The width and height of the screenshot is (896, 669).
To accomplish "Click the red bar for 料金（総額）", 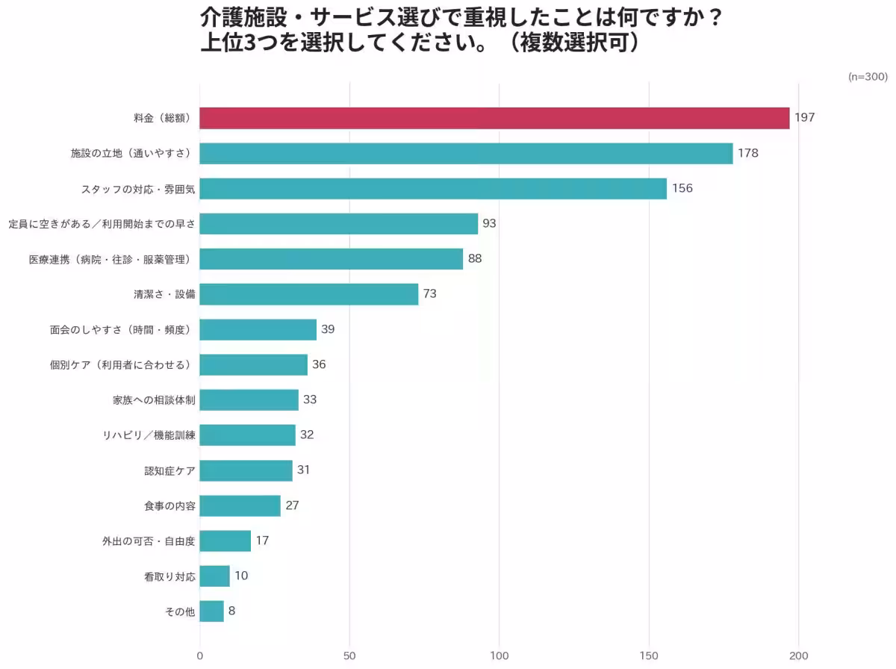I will pos(494,118).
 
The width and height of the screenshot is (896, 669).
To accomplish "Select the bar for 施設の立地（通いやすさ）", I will pos(466,153).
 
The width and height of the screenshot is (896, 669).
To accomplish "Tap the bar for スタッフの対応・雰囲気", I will pos(433,188).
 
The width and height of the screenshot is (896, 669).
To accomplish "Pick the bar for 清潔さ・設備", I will pos(309,293).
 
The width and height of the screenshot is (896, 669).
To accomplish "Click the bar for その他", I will pos(211,611).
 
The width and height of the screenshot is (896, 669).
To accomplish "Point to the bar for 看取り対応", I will pos(214,576).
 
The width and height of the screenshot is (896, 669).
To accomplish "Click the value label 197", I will pos(804,118).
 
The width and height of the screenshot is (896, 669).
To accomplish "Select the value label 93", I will pos(489,223).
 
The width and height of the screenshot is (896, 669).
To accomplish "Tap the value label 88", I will pos(475,258).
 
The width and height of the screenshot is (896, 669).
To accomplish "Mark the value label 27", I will pos(292,505).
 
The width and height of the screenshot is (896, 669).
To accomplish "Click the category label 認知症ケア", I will pos(169,470).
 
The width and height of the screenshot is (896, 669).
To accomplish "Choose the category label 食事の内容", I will pos(169,505).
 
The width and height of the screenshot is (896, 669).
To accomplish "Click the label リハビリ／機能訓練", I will pos(149,435).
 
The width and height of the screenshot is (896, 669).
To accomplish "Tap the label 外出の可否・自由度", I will pos(149,541).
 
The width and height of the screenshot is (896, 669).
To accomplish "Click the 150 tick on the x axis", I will pos(649,656).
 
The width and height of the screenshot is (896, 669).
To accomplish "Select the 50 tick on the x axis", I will pos(349,656).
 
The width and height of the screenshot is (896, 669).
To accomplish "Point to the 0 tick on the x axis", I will pos(200,656).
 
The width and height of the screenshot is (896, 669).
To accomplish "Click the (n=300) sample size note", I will pos(867,77).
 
